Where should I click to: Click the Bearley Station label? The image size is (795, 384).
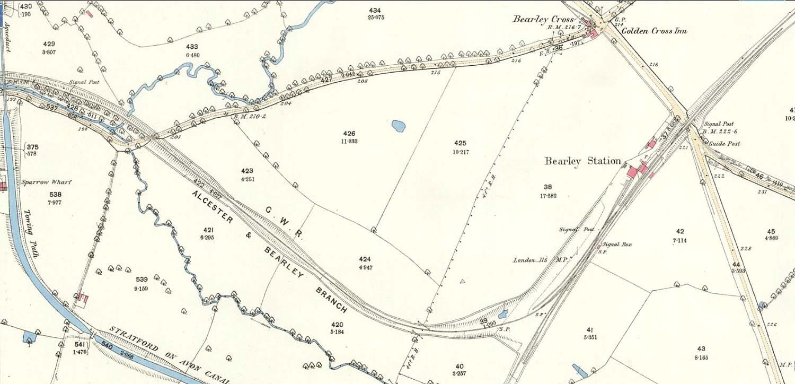point(582,161)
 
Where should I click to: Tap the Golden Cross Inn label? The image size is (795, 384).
point(654,31)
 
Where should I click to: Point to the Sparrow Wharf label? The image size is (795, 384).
point(46,182)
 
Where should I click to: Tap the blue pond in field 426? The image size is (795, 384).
point(398,126)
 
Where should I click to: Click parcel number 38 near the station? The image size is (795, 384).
point(547,187)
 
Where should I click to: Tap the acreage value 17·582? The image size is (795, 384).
point(547,196)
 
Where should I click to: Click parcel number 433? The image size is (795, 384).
point(192,47)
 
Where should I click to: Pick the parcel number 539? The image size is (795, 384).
point(142,280)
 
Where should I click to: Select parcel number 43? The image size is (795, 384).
point(701,348)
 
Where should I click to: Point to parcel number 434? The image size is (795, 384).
point(375,10)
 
